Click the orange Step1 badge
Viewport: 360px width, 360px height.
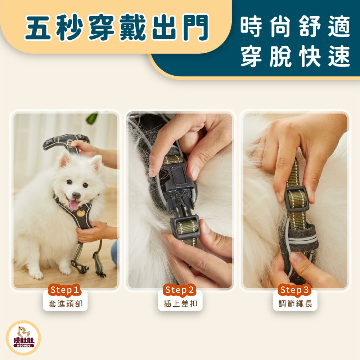[65, 290]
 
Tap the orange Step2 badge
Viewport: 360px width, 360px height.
[180, 290]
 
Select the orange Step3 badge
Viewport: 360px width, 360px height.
[294, 290]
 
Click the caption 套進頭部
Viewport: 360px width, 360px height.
[66, 304]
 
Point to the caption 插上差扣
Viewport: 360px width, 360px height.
[180, 304]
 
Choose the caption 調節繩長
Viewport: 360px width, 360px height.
[295, 304]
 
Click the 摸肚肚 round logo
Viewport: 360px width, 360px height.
[23, 338]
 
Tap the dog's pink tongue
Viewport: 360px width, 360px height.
[74, 204]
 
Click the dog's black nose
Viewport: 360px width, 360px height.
[76, 196]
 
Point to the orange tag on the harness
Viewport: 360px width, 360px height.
[81, 213]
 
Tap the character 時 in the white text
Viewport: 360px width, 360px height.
[251, 26]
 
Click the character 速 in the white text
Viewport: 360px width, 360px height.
[339, 56]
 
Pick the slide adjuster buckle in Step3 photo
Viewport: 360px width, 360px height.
[297, 199]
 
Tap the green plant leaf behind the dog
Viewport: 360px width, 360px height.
[92, 118]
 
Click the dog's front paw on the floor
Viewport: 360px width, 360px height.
[36, 275]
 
